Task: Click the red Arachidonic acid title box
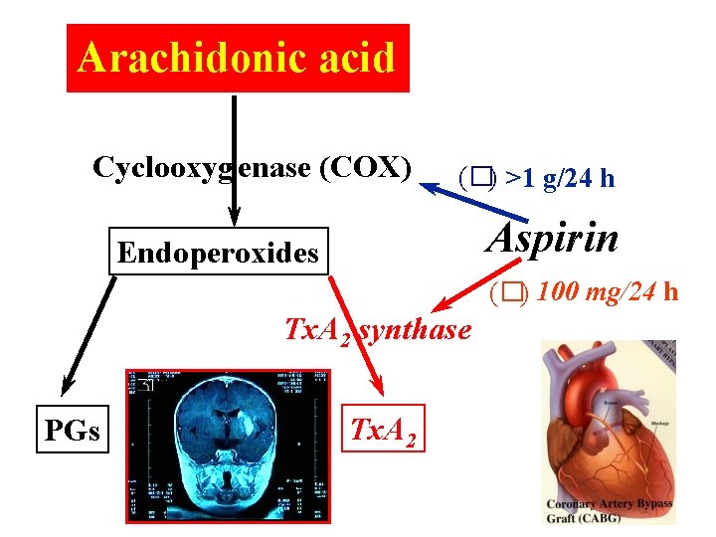tap(238, 58)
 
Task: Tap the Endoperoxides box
tap(218, 254)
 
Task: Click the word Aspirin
tap(554, 239)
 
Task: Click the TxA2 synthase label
tap(378, 329)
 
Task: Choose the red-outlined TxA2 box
tap(383, 431)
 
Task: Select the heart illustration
tap(607, 418)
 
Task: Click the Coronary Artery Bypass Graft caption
tap(609, 510)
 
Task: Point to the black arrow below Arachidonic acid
tap(234, 159)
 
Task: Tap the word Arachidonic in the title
tap(190, 58)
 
